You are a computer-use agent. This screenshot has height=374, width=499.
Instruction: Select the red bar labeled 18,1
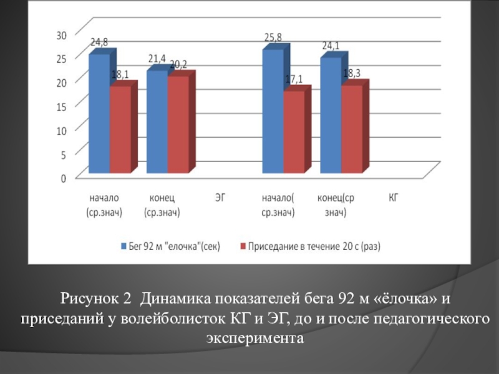[x=120, y=130]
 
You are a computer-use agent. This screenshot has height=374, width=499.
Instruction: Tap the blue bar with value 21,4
[x=157, y=122]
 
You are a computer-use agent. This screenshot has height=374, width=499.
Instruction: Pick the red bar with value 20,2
[x=178, y=125]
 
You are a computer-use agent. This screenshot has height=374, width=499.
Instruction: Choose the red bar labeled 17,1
[x=294, y=132]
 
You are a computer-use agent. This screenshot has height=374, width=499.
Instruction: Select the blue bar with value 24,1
[x=330, y=116]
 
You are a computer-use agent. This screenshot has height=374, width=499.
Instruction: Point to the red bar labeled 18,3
[x=351, y=129]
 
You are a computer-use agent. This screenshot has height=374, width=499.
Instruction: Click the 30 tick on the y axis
[x=61, y=35]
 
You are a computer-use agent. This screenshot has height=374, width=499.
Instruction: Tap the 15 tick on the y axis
[x=61, y=107]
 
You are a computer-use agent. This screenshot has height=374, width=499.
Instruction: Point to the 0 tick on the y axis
[x=64, y=178]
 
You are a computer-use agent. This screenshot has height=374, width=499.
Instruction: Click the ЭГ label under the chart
[x=220, y=198]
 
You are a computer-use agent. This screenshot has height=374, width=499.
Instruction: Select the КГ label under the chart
[x=393, y=198]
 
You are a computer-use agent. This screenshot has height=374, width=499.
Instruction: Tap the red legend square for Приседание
[x=243, y=246]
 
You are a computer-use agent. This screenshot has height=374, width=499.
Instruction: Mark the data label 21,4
[x=157, y=59]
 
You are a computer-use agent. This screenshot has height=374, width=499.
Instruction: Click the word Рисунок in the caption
[x=96, y=299]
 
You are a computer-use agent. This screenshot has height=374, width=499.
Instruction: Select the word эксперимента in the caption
[x=253, y=338]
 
